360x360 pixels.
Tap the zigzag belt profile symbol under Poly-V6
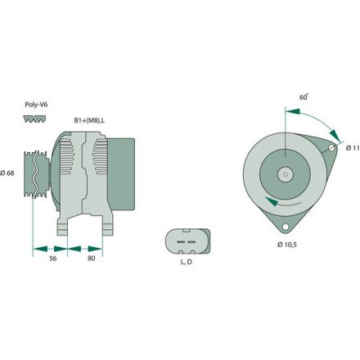[35, 119]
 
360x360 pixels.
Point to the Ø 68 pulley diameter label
[9, 171]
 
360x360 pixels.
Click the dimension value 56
[51, 259]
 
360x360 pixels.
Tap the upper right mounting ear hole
[331, 148]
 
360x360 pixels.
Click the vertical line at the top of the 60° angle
[285, 123]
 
